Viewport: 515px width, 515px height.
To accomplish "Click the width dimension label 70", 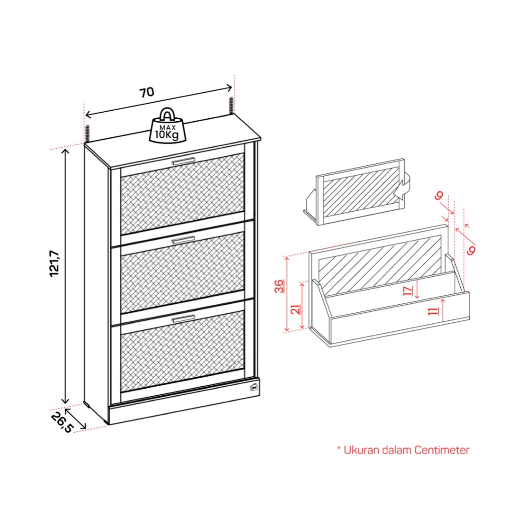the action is click(147, 93).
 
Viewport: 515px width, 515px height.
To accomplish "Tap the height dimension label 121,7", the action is click(54, 264).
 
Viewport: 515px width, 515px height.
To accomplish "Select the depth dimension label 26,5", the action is click(61, 422).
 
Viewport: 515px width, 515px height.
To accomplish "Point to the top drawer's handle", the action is click(183, 161).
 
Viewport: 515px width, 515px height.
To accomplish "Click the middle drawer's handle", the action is click(183, 240).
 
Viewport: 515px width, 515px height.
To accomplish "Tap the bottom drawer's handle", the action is click(183, 318).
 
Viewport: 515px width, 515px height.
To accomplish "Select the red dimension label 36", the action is click(280, 286).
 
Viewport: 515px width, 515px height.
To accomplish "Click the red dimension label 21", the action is click(296, 309).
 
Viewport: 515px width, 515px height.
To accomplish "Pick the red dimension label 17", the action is click(408, 290).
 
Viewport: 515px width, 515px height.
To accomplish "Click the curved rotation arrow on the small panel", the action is click(405, 187).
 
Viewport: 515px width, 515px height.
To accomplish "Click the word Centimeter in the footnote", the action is click(442, 450).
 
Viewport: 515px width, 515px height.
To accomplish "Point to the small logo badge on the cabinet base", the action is click(254, 387).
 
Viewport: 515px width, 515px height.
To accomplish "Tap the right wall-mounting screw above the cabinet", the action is click(231, 106).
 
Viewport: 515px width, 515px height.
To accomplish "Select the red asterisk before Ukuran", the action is click(339, 448).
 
